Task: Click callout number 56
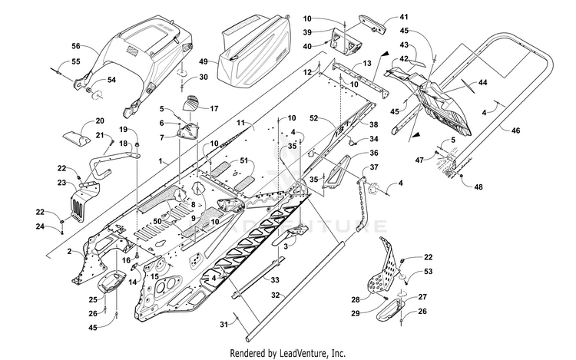(76, 46)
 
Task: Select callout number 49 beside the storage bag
(204, 61)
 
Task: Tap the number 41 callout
(404, 17)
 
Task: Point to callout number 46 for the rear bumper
(516, 130)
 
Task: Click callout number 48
(478, 187)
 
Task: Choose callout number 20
(100, 121)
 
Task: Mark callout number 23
(61, 183)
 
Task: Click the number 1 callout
(161, 160)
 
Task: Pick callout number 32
(276, 295)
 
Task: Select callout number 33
(275, 280)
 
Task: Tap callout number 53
(428, 272)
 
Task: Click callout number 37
(374, 167)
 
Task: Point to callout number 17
(214, 109)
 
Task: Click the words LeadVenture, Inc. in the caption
(313, 353)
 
